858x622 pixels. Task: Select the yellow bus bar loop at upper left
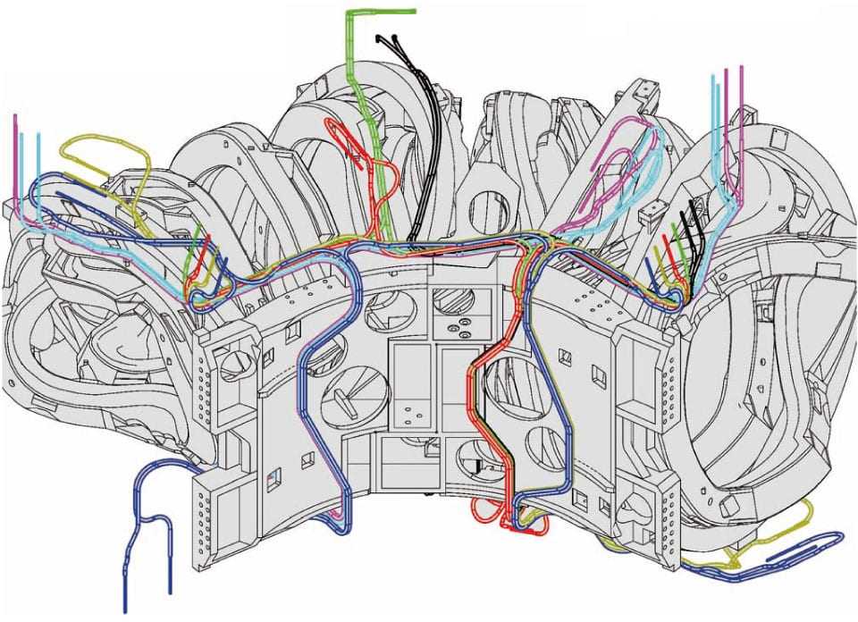point(112,161)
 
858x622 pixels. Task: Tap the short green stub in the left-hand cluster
point(195,246)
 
